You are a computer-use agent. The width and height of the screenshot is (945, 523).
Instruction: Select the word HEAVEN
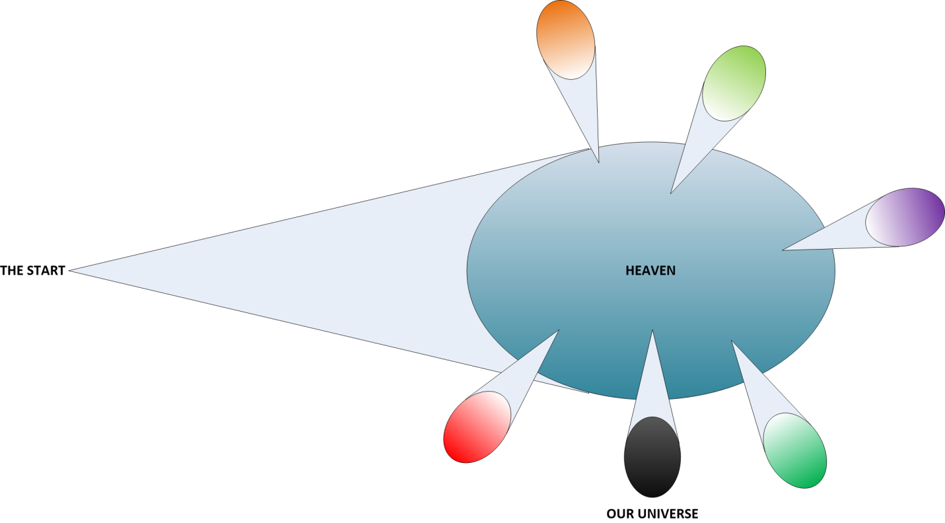(x=650, y=271)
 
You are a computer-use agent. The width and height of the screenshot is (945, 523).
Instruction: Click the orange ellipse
(x=565, y=39)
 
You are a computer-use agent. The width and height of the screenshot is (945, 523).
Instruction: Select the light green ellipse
(x=734, y=83)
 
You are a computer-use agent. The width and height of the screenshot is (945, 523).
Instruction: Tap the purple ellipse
(x=905, y=217)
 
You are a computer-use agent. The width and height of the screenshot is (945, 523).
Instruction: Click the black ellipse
(x=652, y=457)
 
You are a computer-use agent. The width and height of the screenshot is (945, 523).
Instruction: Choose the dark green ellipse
(x=795, y=450)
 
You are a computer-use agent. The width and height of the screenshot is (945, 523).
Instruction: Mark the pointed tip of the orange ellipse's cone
(x=599, y=162)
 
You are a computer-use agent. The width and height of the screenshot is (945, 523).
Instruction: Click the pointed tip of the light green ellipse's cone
(x=670, y=193)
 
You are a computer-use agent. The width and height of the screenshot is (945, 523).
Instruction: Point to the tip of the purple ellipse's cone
(x=783, y=250)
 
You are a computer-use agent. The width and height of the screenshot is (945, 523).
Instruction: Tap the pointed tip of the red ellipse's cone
(x=559, y=330)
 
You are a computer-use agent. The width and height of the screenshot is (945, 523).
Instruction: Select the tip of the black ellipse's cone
(x=652, y=330)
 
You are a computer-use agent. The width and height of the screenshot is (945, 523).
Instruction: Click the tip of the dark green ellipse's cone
(x=731, y=340)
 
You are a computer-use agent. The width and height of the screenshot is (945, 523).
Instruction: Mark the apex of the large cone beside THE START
(x=69, y=271)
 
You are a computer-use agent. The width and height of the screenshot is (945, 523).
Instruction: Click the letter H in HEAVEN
(x=629, y=271)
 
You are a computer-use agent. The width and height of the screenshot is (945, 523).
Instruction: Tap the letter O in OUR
(x=611, y=514)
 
